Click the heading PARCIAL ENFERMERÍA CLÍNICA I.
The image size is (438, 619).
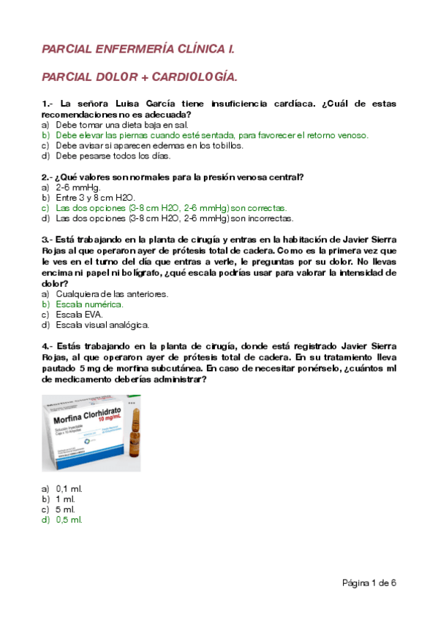point(138,49)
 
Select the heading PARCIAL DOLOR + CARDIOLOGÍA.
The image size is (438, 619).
point(140,77)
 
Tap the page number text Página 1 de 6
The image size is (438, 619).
point(369,583)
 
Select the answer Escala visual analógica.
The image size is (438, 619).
point(102,325)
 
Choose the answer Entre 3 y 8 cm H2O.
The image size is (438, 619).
point(95,197)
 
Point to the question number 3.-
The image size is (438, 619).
point(48,239)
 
